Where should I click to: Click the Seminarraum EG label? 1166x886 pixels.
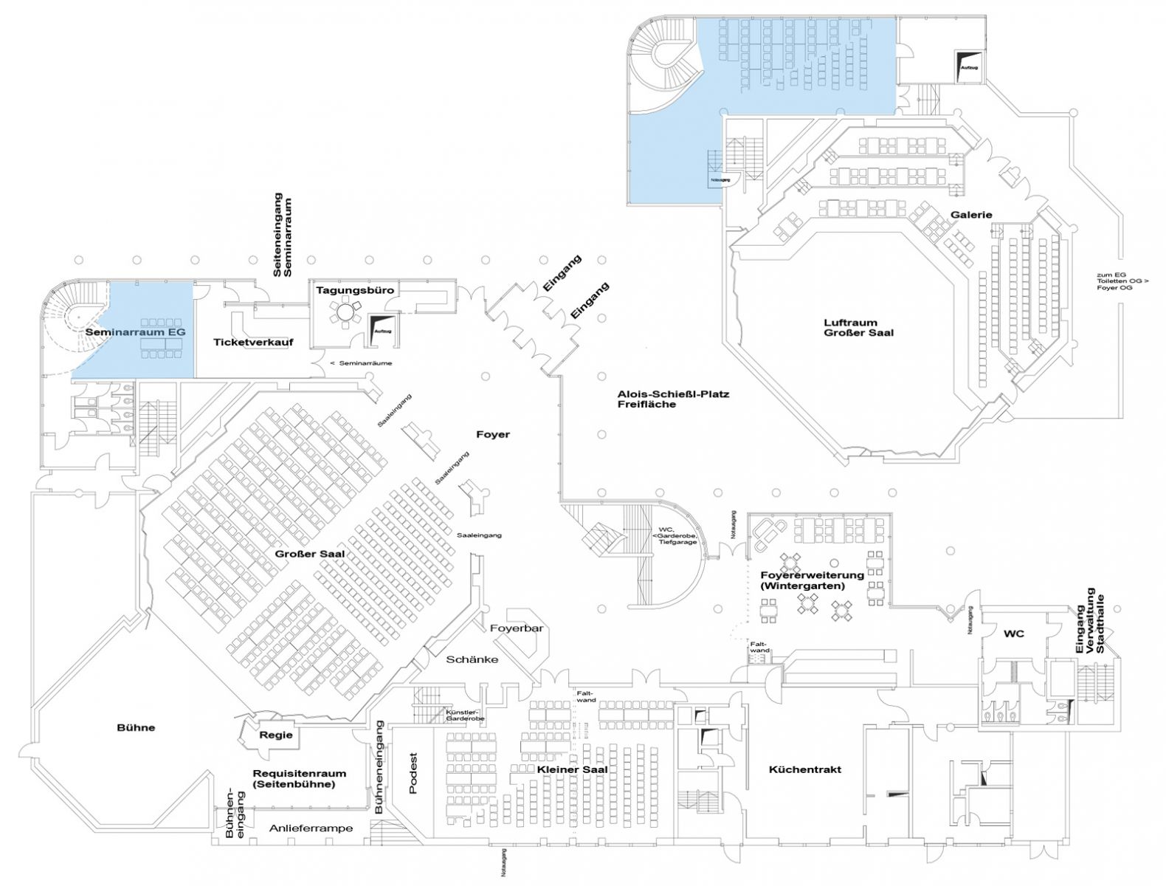click(x=135, y=332)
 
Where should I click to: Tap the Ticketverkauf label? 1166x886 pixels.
click(x=253, y=342)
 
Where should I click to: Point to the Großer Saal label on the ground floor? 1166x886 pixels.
click(x=309, y=554)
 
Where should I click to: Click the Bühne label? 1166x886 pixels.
click(x=137, y=727)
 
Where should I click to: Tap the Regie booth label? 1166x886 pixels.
click(x=276, y=735)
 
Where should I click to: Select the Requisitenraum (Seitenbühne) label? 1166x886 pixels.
click(x=298, y=778)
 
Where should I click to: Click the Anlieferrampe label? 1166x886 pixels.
click(x=311, y=828)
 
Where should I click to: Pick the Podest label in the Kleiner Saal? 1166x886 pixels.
click(x=413, y=773)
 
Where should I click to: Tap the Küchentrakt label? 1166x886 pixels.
click(x=804, y=769)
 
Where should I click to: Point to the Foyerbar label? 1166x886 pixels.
click(x=517, y=628)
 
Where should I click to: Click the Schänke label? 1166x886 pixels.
click(x=472, y=659)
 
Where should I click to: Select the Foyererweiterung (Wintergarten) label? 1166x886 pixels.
click(x=812, y=580)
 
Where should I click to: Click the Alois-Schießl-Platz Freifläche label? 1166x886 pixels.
click(x=673, y=399)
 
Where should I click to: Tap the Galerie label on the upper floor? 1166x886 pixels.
click(x=971, y=215)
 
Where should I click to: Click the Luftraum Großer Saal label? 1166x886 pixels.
click(x=860, y=327)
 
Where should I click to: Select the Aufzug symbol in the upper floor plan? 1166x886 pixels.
click(x=969, y=62)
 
